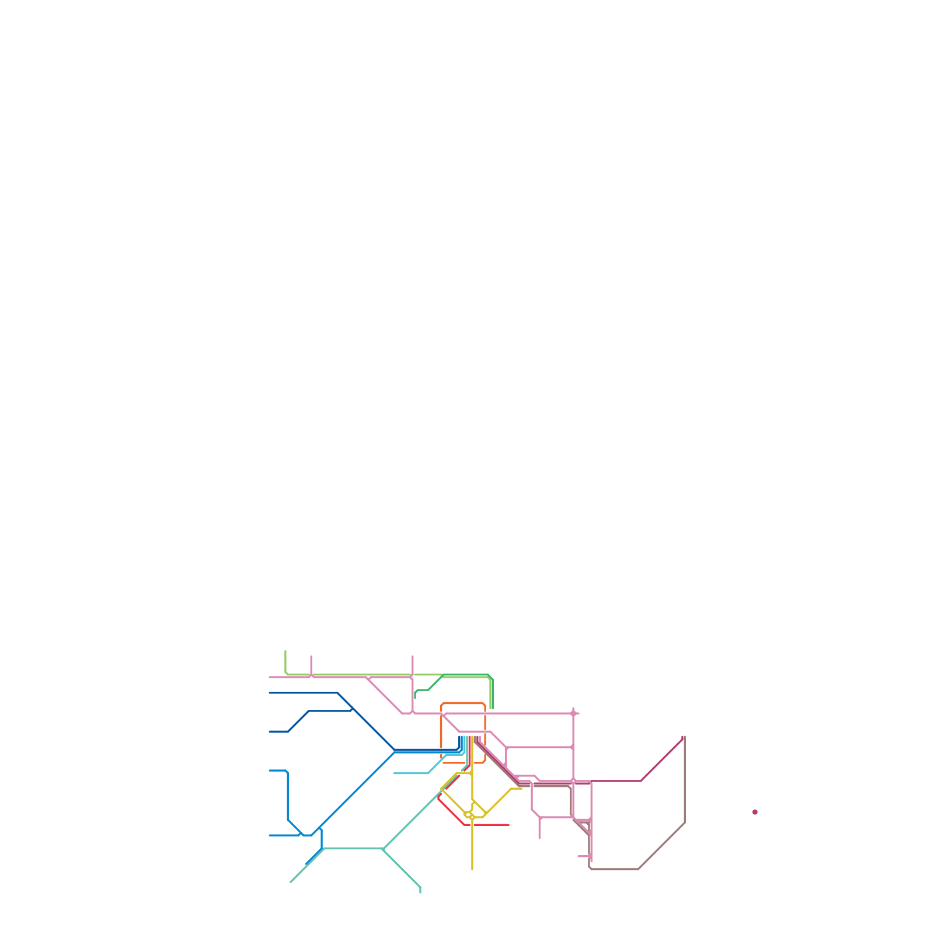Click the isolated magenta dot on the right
point(755,812)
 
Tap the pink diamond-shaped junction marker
point(573,713)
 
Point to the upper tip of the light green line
point(285,651)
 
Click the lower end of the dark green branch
point(415,697)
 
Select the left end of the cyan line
point(395,773)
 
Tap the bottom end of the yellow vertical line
point(472,869)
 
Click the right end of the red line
point(508,825)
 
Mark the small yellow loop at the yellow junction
point(468,814)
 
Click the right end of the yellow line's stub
point(521,789)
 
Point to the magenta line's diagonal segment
point(662,759)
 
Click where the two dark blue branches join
point(353,709)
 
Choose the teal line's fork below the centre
point(383,848)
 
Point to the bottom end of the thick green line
point(492,708)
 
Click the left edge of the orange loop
point(441,733)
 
